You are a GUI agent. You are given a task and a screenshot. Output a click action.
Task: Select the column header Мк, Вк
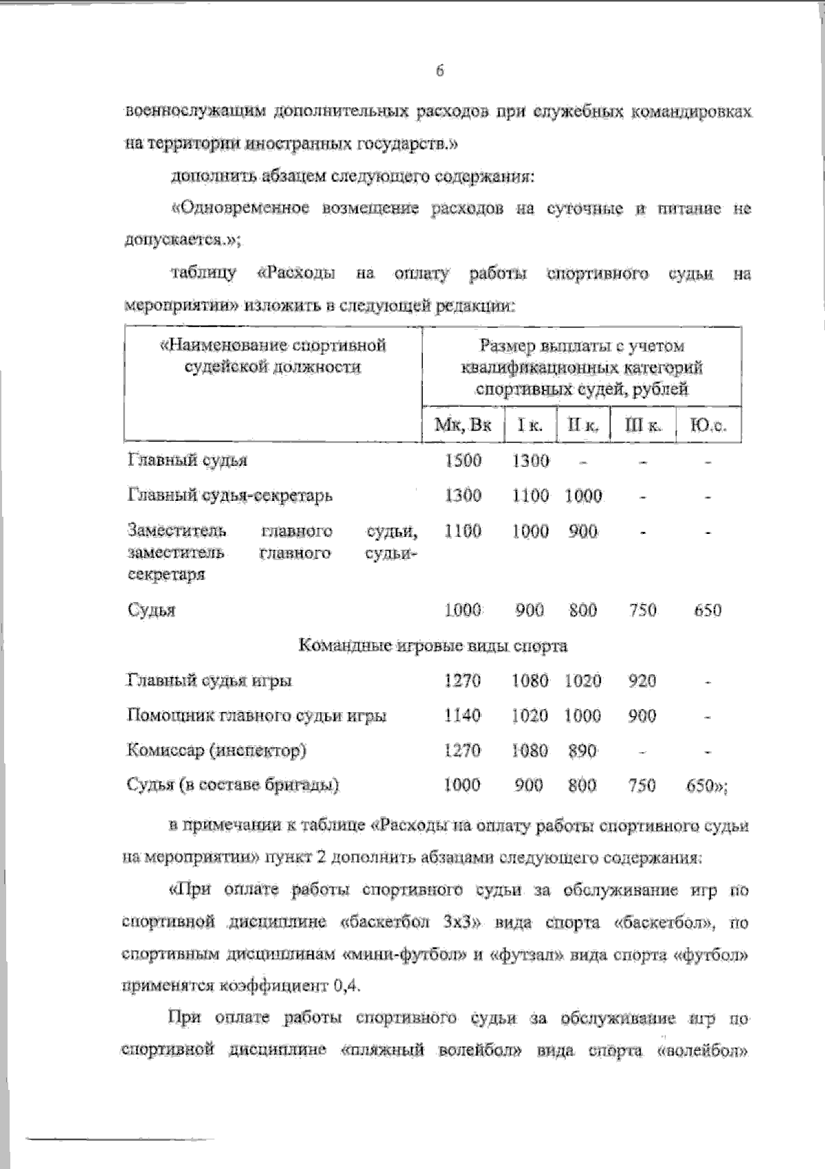tap(463, 425)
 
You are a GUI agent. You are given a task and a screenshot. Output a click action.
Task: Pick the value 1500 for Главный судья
tap(463, 460)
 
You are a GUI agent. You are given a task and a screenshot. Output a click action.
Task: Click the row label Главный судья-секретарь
tap(230, 495)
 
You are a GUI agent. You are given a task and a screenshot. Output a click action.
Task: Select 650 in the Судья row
tap(707, 610)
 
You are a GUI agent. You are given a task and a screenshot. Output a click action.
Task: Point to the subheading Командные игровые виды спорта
tap(433, 645)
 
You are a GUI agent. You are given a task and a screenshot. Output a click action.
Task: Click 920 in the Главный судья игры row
tap(642, 680)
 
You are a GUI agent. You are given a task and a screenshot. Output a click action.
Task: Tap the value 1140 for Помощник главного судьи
tap(463, 716)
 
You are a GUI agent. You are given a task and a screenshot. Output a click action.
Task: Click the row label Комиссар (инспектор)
tap(217, 750)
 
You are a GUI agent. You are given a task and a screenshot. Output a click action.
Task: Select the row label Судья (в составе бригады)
tap(234, 785)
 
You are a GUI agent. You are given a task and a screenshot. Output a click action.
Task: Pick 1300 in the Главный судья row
tap(531, 460)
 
